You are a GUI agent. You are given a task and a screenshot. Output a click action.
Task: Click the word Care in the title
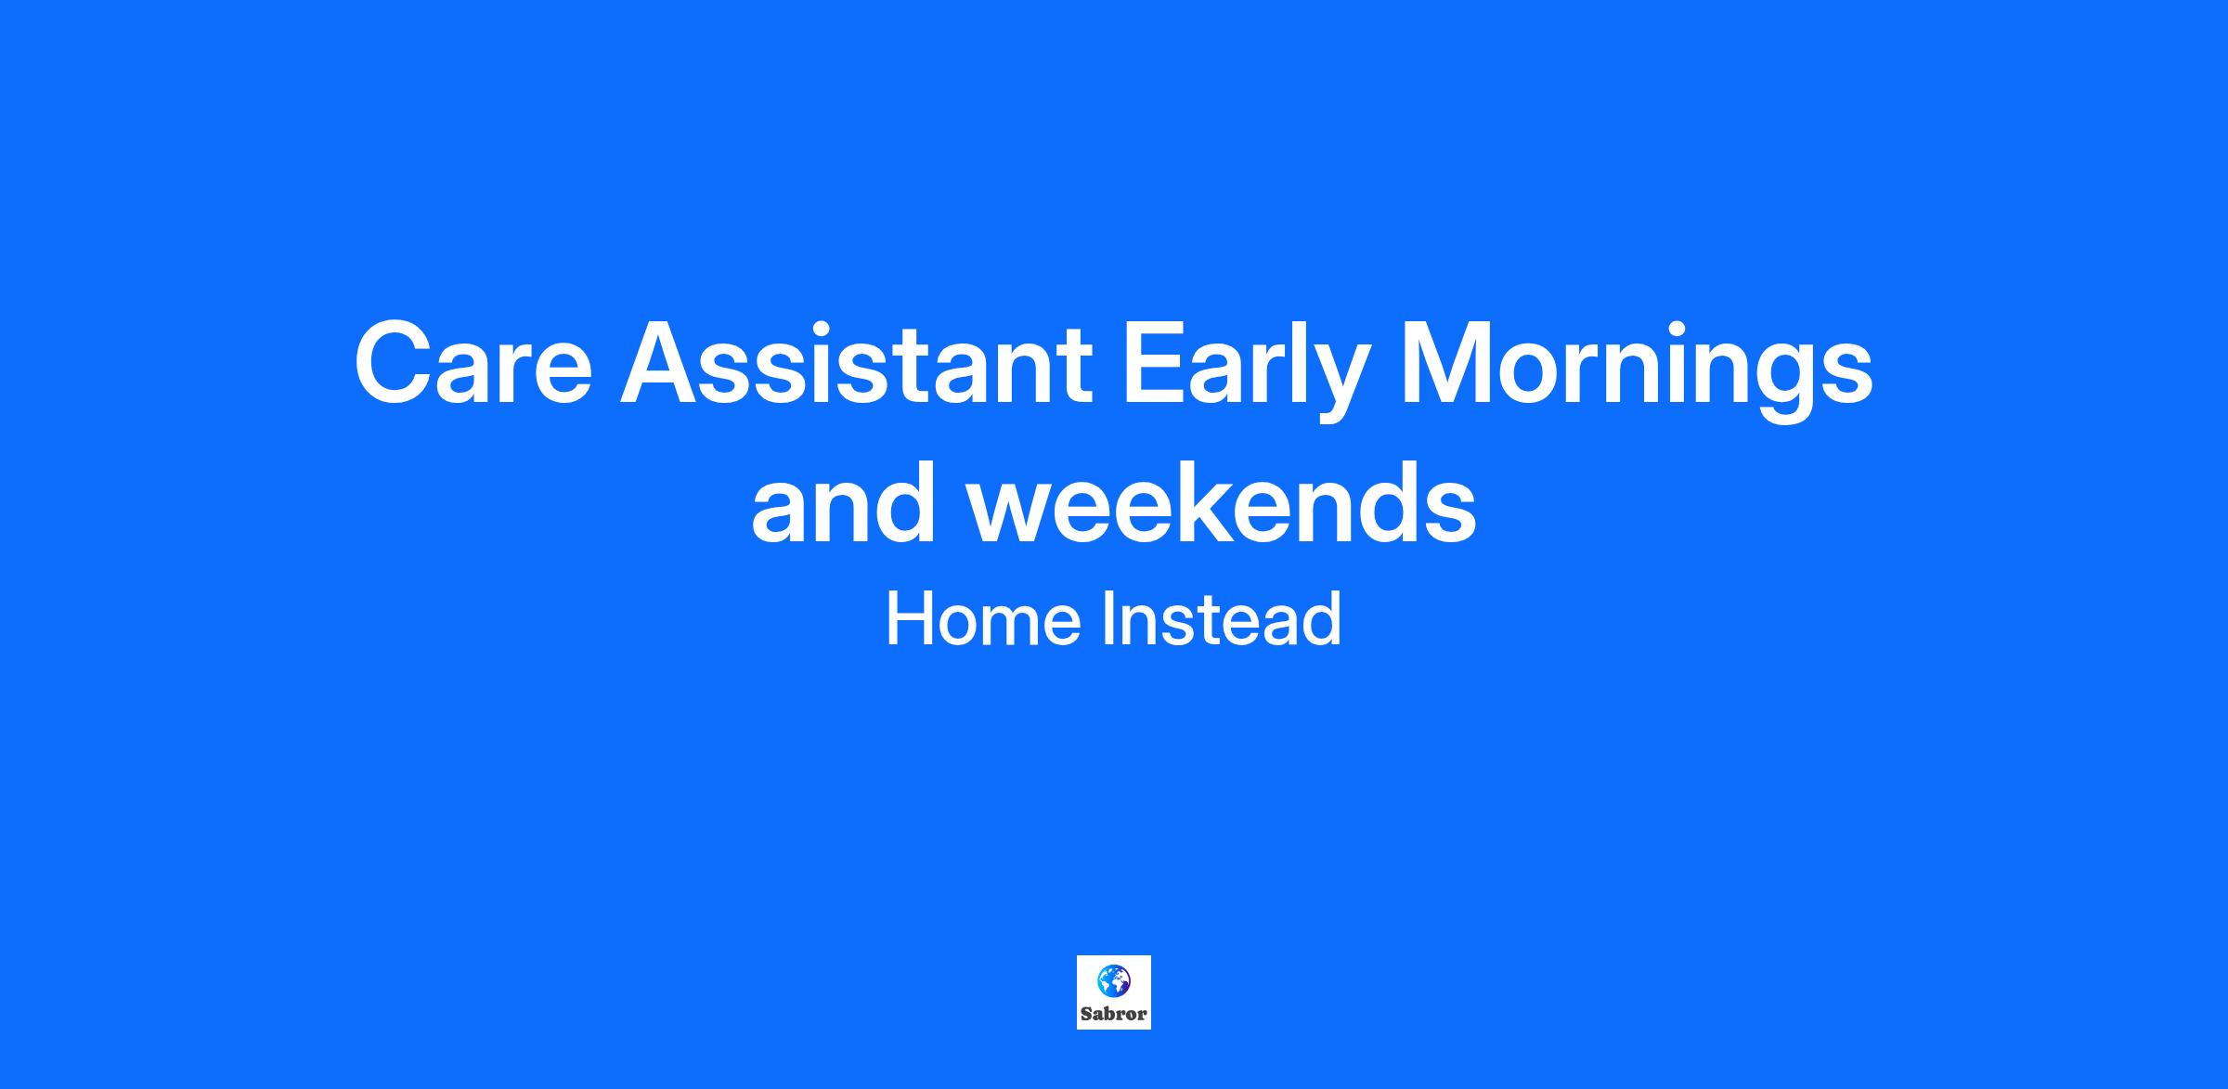click(473, 362)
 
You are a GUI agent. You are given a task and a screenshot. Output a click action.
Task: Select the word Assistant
click(857, 362)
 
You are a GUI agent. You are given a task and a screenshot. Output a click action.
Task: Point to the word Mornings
click(1637, 369)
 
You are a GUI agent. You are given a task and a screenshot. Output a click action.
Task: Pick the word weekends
click(1223, 501)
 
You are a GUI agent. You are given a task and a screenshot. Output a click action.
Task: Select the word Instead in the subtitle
click(1222, 619)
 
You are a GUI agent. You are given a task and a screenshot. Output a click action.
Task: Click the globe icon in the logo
click(1113, 979)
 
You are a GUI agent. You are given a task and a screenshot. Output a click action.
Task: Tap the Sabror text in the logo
click(1114, 1014)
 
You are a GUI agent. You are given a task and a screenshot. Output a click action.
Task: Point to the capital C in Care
click(395, 362)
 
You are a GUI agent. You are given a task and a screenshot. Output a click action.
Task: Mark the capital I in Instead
click(1108, 619)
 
